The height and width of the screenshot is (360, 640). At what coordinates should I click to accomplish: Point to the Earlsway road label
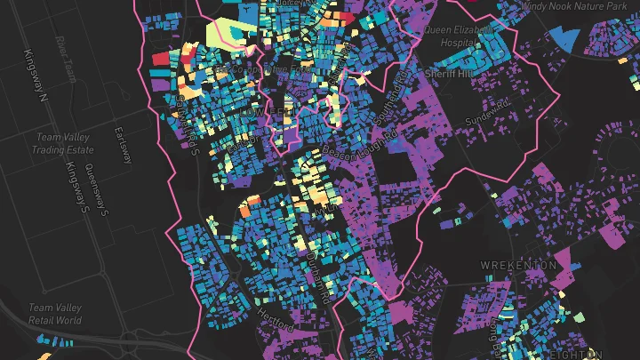click(122, 144)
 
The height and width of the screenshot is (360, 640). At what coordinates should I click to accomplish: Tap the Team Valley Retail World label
click(55, 314)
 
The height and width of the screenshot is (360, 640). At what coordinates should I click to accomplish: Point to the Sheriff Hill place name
click(451, 73)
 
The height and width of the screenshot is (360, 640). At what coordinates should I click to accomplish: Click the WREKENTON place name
click(517, 265)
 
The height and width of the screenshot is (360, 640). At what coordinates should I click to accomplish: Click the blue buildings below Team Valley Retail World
click(55, 340)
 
